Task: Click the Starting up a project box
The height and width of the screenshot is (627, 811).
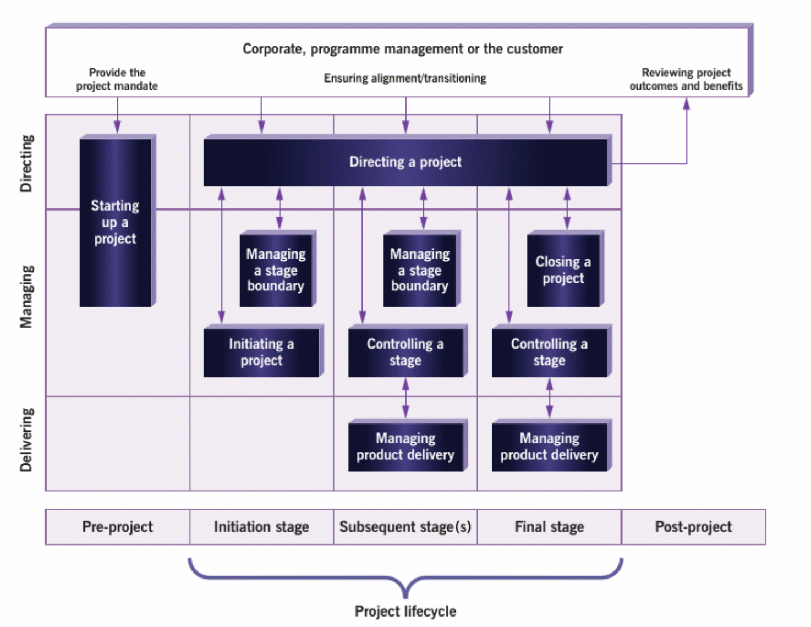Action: point(115,222)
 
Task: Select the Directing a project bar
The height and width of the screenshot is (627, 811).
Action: point(405,162)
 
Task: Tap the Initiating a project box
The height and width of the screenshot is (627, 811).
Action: point(261,352)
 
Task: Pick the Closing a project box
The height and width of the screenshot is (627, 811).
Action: point(563,270)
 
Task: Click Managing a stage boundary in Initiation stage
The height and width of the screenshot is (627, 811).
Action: point(276,270)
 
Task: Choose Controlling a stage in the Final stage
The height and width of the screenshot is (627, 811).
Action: point(549,352)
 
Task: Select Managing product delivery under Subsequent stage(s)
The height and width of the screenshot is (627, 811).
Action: point(405,446)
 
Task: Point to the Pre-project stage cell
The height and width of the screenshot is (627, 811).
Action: point(118,527)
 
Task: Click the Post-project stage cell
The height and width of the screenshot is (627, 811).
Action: point(693,527)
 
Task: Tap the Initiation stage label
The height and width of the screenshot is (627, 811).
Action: point(261,527)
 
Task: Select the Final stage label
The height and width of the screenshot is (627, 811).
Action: point(549,527)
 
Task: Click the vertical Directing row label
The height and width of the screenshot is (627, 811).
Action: point(26,163)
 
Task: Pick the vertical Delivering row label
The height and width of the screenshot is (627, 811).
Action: point(26,440)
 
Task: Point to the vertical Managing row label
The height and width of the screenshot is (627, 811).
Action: point(26,297)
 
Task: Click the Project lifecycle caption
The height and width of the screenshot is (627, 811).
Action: point(405,611)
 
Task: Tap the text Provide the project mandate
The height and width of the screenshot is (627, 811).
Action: point(117,79)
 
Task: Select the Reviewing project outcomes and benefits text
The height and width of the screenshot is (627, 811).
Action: point(686,79)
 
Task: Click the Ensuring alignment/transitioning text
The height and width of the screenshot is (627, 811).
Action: point(405,78)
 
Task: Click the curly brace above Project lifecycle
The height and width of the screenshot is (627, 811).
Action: point(405,577)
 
